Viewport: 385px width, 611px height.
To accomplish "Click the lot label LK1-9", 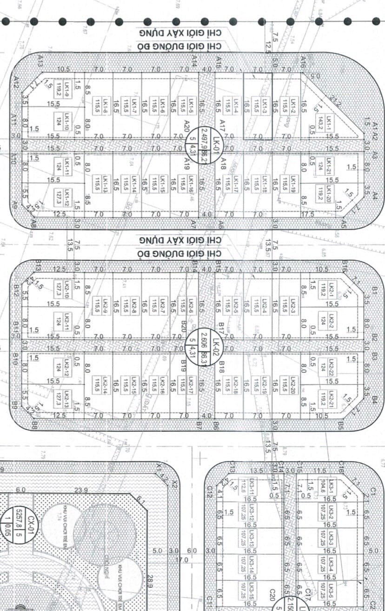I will tap(67, 89).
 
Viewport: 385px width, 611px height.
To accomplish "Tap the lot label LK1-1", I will tap(329, 123).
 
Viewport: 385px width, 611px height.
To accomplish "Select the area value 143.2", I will tap(321, 123).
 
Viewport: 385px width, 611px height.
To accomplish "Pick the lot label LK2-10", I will tap(67, 290).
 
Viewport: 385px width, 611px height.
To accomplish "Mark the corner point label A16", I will tap(303, 61).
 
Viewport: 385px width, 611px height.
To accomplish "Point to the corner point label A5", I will tap(344, 223).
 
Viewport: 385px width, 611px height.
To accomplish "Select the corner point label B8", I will tap(34, 423).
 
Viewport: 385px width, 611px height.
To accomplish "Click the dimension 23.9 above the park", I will tap(81, 490).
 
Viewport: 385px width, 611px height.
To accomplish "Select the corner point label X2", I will tap(174, 483).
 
